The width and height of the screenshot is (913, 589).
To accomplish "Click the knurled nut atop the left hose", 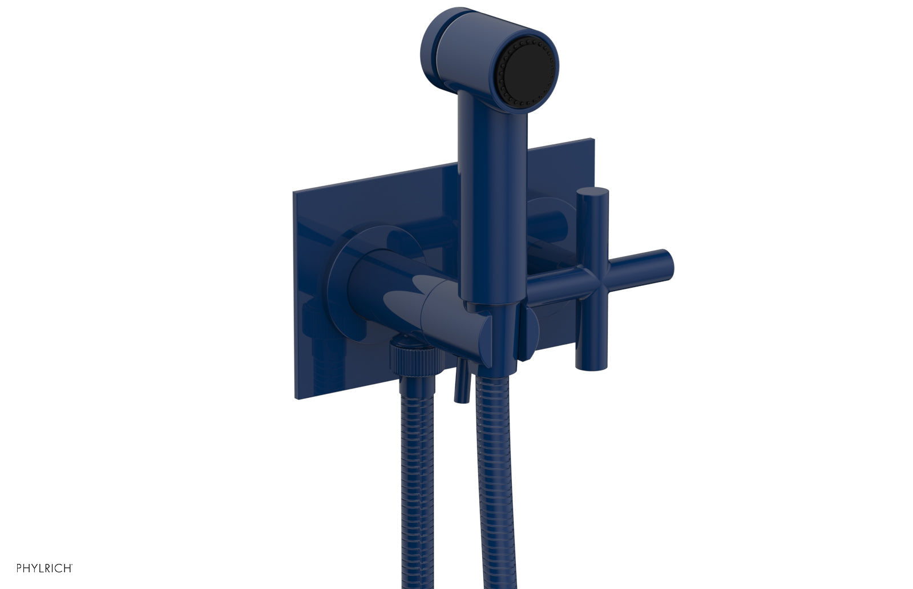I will tap(415, 360).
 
